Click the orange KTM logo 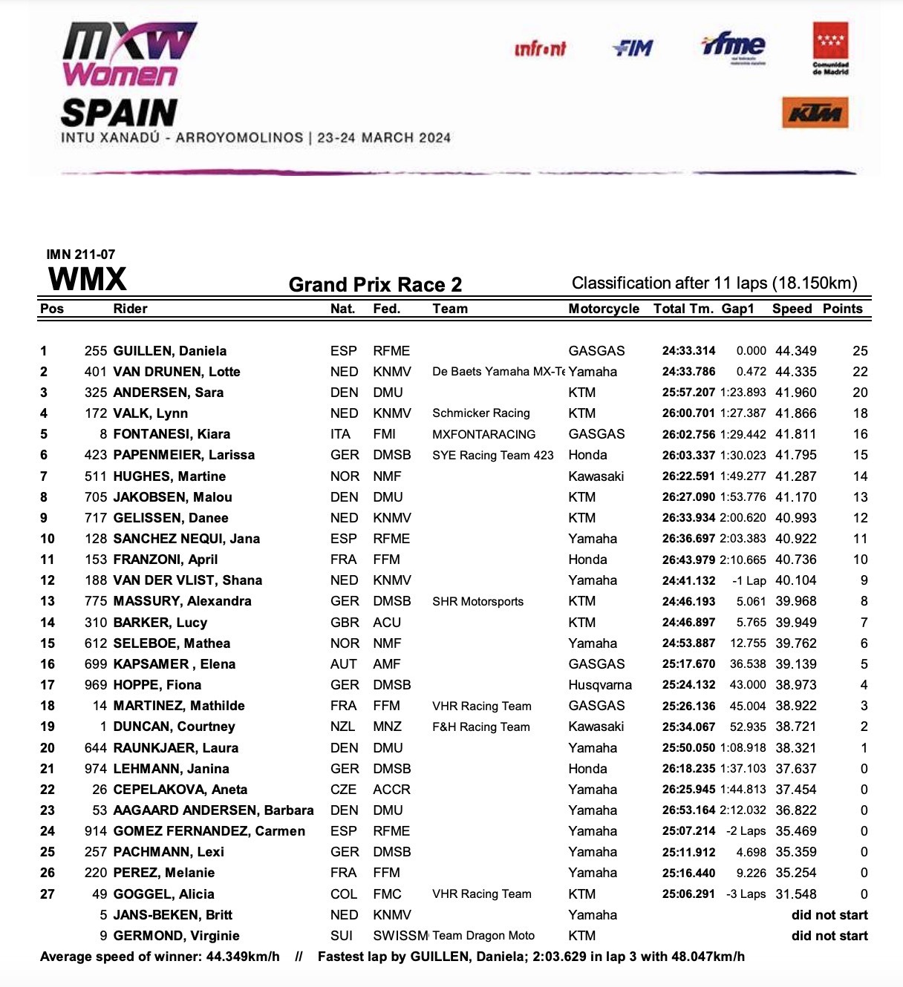click(815, 113)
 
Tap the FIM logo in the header click(633, 48)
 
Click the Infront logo click(540, 49)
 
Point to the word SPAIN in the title click(119, 113)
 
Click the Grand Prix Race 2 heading click(375, 285)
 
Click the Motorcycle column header click(604, 309)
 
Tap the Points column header click(843, 309)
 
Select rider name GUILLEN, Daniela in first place click(170, 351)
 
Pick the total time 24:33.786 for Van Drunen click(688, 372)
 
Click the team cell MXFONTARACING click(483, 434)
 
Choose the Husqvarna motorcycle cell click(600, 685)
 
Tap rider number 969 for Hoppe click(96, 685)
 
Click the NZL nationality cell click(342, 727)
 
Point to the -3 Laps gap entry click(746, 894)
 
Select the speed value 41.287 click(795, 476)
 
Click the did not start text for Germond click(829, 936)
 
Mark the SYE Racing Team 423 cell click(492, 455)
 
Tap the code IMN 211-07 click(81, 255)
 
